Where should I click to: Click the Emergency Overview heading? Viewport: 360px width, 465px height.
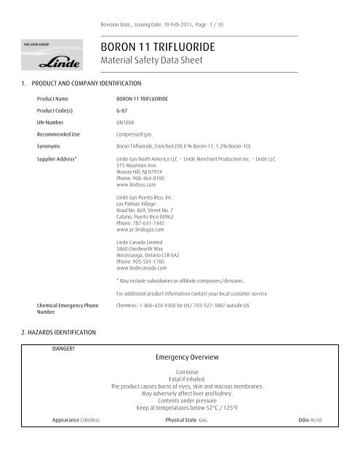coord(187,358)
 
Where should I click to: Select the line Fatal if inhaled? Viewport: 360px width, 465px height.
coord(187,379)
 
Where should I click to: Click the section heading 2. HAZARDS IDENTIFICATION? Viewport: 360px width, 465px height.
coord(55,331)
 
